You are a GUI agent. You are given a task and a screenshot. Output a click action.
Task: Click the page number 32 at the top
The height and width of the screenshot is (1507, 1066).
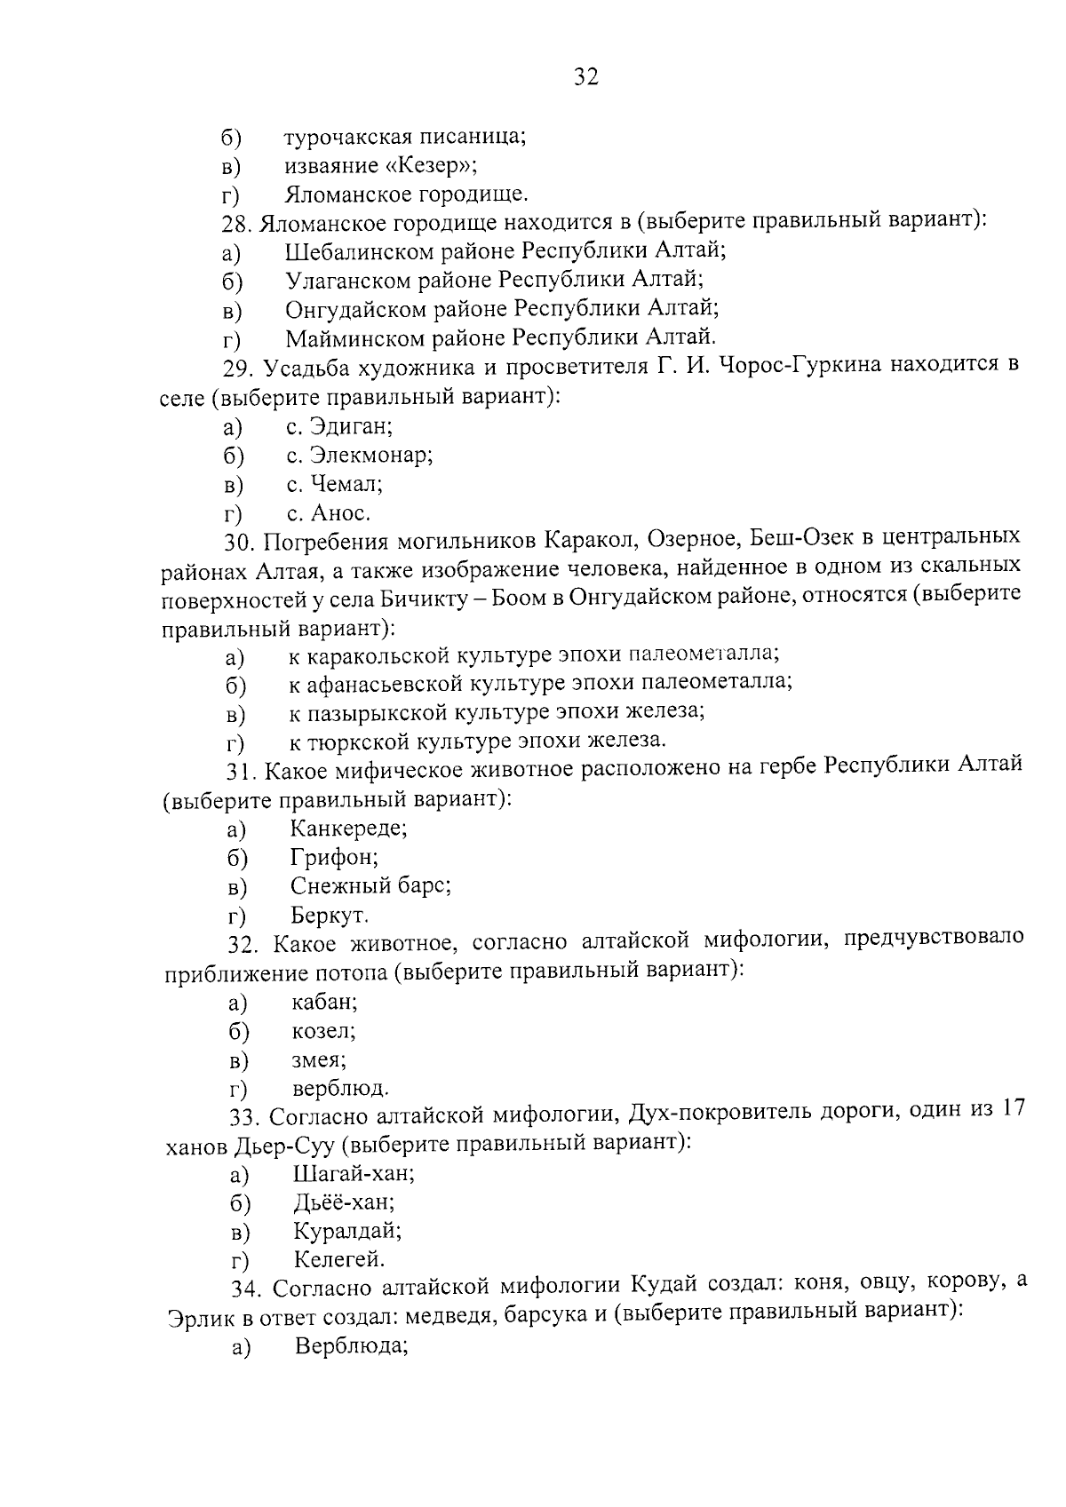[586, 77]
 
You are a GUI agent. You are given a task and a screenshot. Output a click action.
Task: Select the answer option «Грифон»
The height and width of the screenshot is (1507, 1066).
[334, 858]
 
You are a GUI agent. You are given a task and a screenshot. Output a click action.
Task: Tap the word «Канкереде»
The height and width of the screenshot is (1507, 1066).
[348, 829]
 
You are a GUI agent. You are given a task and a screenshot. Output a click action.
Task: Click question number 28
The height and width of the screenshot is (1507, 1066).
[238, 222]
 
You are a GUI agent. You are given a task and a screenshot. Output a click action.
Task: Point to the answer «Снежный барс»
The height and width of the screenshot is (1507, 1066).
[370, 886]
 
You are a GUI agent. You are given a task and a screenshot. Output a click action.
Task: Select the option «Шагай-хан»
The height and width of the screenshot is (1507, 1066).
[354, 1174]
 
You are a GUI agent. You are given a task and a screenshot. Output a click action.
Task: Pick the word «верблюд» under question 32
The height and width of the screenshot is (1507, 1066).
[339, 1089]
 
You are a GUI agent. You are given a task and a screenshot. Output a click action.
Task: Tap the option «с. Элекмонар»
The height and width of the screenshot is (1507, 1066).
[359, 456]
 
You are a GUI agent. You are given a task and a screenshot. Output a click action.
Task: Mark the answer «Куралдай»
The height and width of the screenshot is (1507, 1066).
[347, 1232]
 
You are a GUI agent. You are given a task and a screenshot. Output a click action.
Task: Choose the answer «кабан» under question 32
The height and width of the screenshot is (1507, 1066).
[324, 1003]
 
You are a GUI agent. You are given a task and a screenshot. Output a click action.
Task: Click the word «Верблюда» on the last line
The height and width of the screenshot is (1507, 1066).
[351, 1346]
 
